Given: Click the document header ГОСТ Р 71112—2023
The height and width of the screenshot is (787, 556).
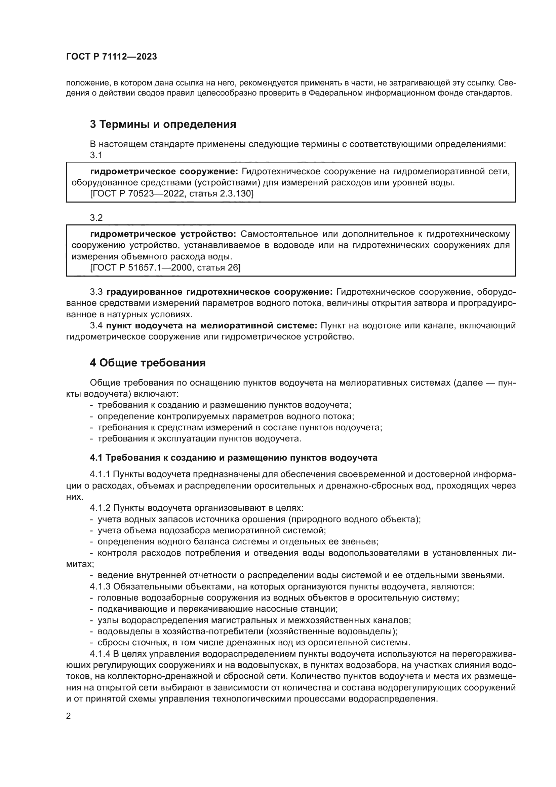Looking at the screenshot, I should (x=112, y=57).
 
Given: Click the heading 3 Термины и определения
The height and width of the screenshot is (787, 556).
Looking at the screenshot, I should (x=163, y=124).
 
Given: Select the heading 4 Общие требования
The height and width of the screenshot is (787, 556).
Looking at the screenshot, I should (x=148, y=363).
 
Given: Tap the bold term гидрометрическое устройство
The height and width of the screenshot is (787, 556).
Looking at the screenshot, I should (x=163, y=234).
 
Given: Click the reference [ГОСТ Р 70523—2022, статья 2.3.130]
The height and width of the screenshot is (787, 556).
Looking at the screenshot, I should (x=171, y=194).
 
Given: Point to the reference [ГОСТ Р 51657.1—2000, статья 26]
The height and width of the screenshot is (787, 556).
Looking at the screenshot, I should (x=165, y=267).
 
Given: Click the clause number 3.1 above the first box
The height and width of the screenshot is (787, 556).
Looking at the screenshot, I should (x=96, y=155).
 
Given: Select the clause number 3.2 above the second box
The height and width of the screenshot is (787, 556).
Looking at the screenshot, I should (x=96, y=218).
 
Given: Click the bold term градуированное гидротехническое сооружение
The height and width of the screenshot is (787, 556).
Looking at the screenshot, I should (x=219, y=292).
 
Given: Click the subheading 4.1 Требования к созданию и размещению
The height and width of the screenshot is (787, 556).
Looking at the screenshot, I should (x=234, y=458).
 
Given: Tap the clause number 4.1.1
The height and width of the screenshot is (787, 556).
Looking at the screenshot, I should (x=100, y=474).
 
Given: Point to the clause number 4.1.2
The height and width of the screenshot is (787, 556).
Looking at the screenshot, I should (x=100, y=508).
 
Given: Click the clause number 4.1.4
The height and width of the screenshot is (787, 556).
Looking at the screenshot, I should (x=100, y=654).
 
